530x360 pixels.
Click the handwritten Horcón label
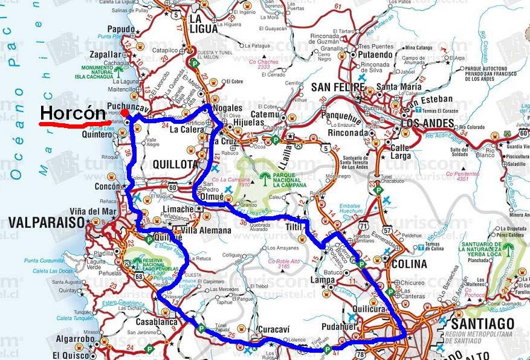73,113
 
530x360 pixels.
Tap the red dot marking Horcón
123,113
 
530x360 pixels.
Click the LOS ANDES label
428,123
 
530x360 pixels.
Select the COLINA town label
409,263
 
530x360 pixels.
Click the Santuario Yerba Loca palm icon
509,249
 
